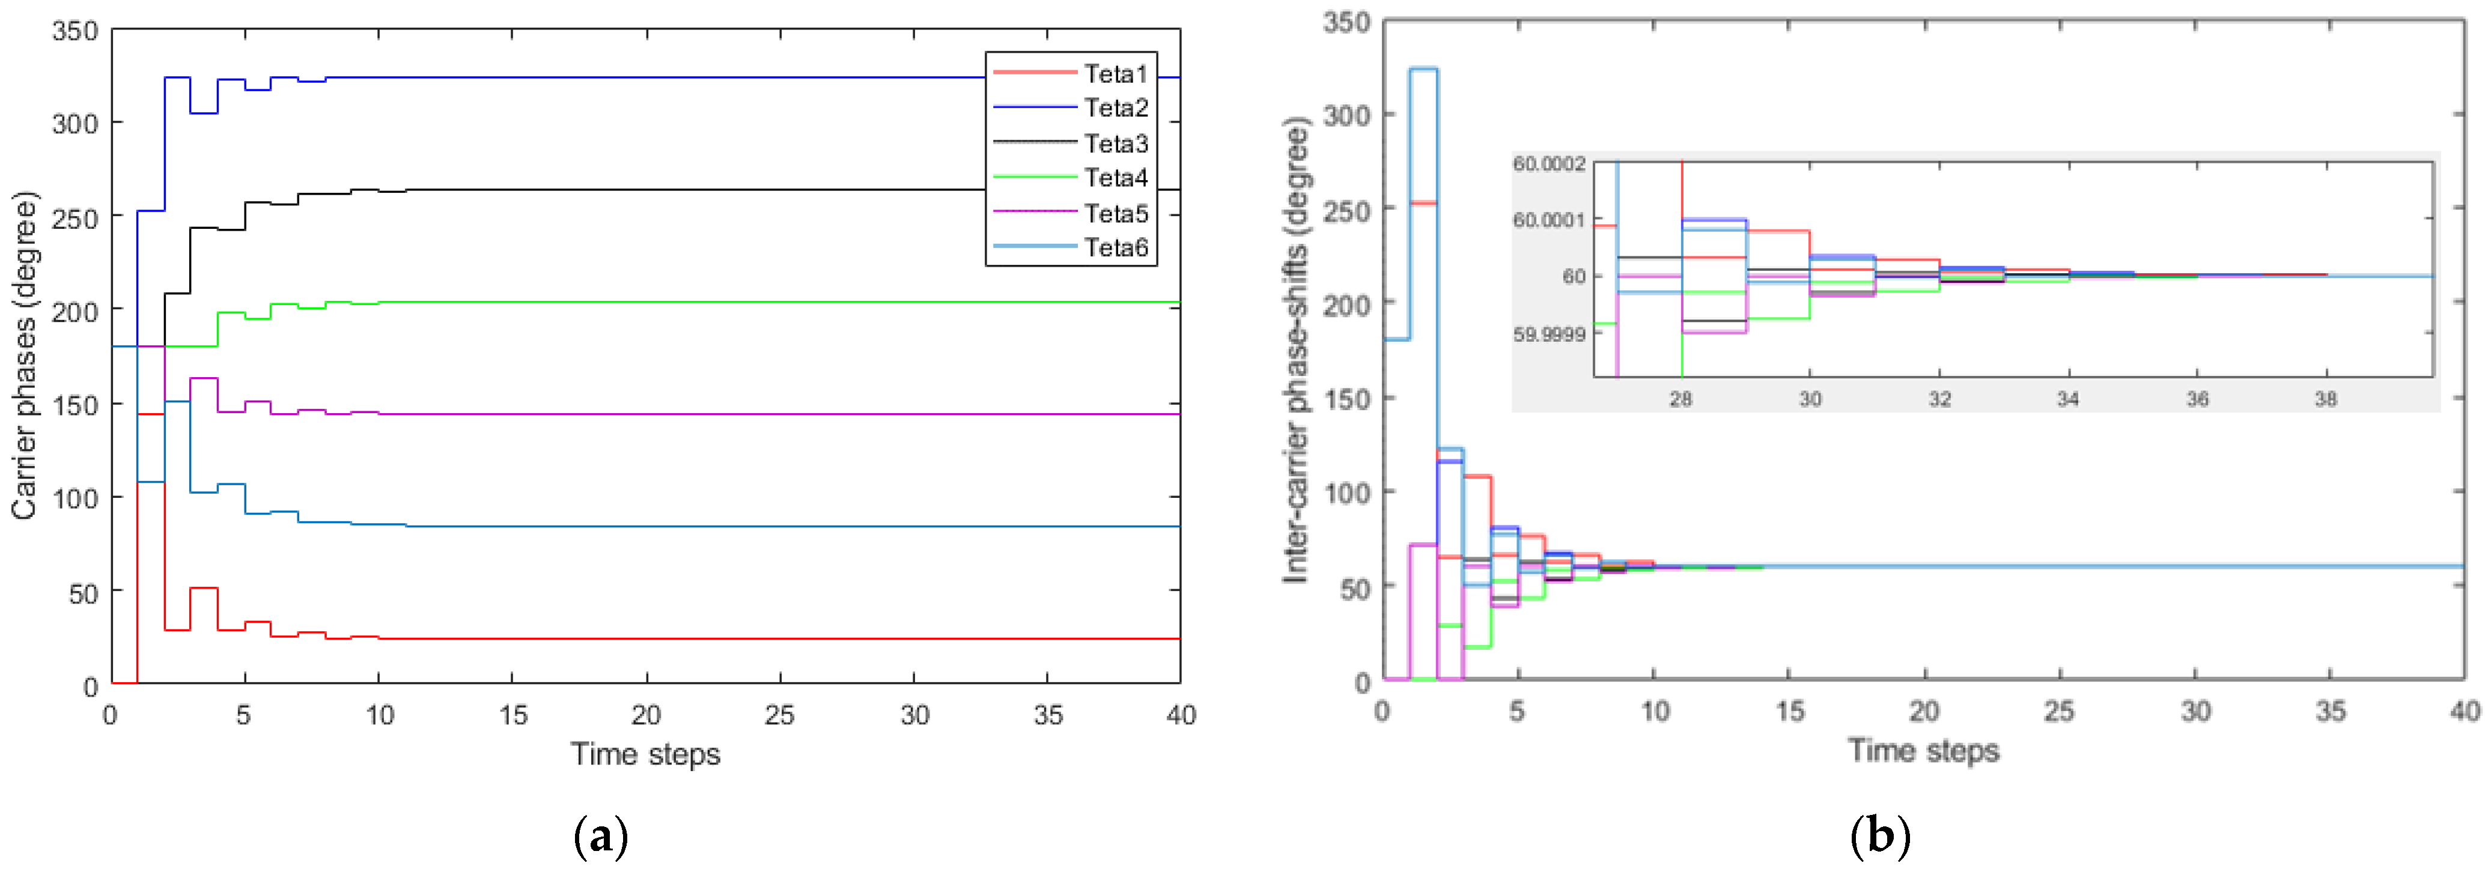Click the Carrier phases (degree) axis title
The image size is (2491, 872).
(23, 356)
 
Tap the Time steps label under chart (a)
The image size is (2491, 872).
(645, 754)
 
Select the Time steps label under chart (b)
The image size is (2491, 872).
(1923, 750)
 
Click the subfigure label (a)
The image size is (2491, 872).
(600, 836)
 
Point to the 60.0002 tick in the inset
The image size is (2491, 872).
(1549, 163)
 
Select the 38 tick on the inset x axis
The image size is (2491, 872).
(2326, 398)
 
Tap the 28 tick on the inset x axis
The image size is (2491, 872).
(1680, 398)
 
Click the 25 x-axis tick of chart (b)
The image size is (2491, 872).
(2059, 712)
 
